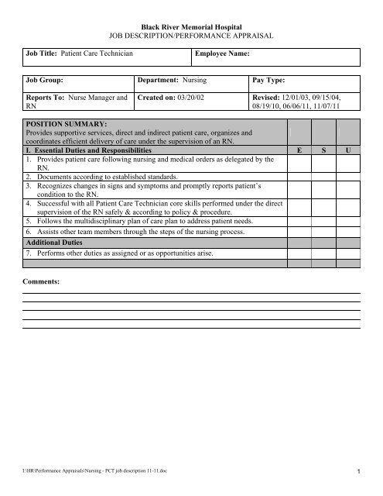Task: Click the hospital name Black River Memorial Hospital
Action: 190,26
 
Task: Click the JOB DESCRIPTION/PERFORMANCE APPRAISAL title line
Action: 190,36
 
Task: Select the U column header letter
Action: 349,151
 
